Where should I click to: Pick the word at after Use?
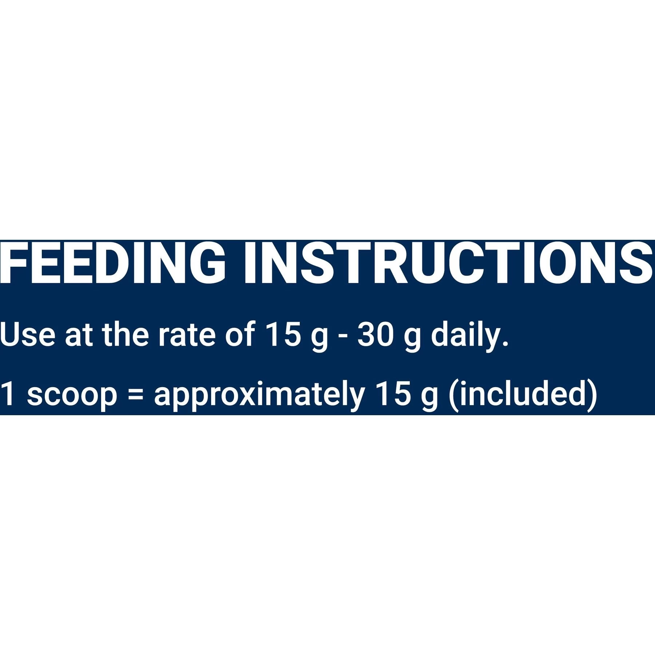tap(79, 335)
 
